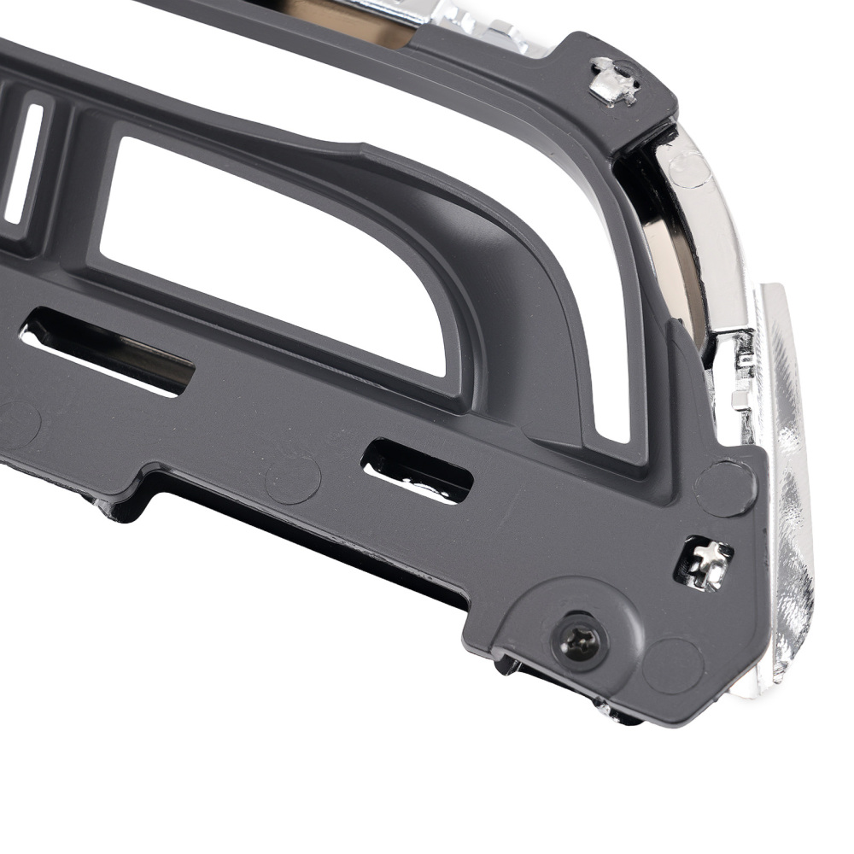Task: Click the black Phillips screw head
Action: [x=579, y=638]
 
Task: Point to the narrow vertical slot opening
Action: [x=24, y=162]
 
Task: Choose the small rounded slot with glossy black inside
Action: [x=418, y=470]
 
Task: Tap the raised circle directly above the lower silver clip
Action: [x=725, y=488]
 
